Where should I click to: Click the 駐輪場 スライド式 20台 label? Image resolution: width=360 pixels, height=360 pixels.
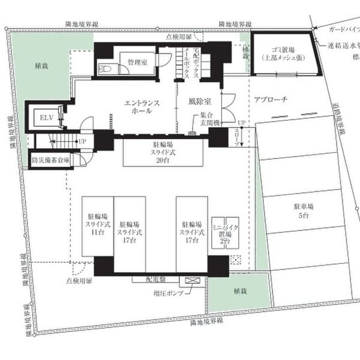click(158, 152)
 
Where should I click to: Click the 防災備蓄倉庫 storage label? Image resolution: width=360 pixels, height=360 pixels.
click(51, 161)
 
